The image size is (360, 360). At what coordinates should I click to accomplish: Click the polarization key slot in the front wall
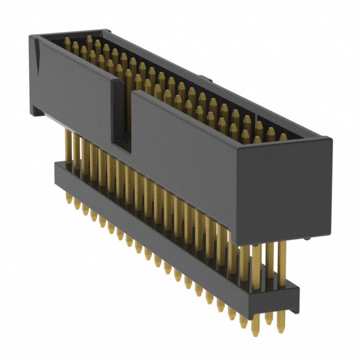point(121,115)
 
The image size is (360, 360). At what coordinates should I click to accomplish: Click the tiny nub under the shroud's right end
point(309,240)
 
